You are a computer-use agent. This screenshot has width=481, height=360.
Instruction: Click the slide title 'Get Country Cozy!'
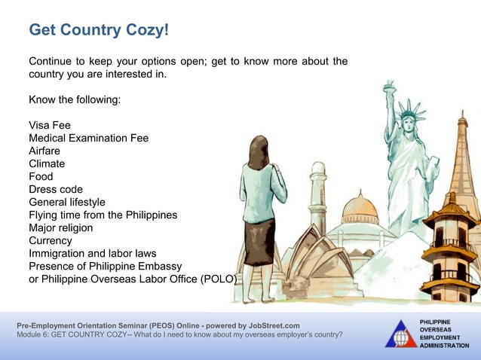pos(99,31)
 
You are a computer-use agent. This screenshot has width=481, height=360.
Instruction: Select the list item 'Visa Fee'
pos(50,125)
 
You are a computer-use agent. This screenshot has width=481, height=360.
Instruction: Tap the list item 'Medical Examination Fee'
pos(88,138)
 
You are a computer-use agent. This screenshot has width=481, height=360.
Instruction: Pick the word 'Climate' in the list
pos(47,163)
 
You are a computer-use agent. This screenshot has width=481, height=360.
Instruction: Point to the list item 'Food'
pos(41,176)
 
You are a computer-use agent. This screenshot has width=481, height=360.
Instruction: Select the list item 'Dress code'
pos(56,189)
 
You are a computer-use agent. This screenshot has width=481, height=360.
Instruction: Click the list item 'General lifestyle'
pos(67,202)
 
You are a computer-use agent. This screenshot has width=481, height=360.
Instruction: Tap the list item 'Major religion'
pos(61,227)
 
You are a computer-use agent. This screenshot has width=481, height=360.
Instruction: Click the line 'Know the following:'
pos(75,99)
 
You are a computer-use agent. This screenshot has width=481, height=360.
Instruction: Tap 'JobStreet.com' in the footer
pos(268,325)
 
